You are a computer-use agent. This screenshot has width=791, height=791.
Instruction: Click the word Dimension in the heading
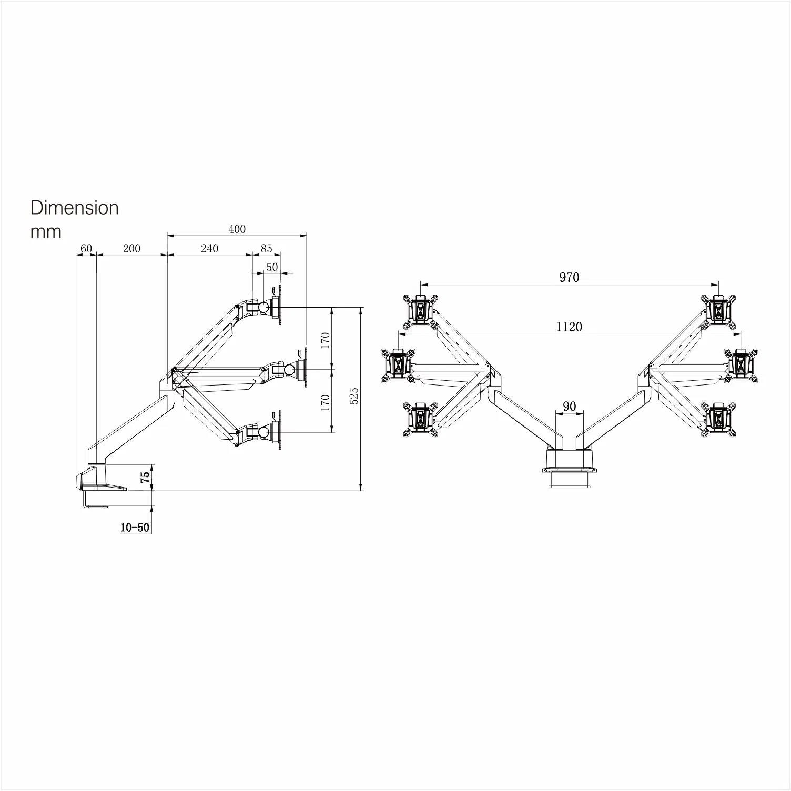click(75, 208)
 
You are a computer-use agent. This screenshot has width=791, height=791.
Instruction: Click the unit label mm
click(46, 232)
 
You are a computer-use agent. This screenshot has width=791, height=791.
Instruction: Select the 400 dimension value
click(237, 229)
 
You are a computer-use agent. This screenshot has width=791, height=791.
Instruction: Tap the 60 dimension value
click(86, 248)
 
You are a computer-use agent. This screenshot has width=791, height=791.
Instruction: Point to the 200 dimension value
click(131, 248)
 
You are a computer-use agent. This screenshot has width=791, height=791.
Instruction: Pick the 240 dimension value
click(209, 248)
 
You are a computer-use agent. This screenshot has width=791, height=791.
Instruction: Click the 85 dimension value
click(266, 248)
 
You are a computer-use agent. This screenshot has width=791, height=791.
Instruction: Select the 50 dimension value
click(272, 267)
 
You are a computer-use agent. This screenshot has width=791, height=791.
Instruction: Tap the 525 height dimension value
click(354, 395)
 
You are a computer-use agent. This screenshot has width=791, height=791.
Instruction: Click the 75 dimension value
click(146, 477)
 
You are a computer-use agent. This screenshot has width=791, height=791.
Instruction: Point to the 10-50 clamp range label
click(135, 528)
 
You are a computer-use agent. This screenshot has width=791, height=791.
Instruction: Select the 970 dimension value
click(569, 277)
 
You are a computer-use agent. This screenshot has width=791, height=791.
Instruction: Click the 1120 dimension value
click(569, 327)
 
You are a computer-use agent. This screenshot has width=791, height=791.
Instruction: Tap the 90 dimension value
click(569, 406)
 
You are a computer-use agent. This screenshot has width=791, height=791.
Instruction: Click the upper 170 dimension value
click(325, 340)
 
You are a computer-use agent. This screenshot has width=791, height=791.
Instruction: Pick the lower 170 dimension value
click(325, 402)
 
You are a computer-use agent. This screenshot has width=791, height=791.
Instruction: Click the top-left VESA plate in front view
click(420, 310)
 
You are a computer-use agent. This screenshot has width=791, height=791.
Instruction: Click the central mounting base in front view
click(570, 464)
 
